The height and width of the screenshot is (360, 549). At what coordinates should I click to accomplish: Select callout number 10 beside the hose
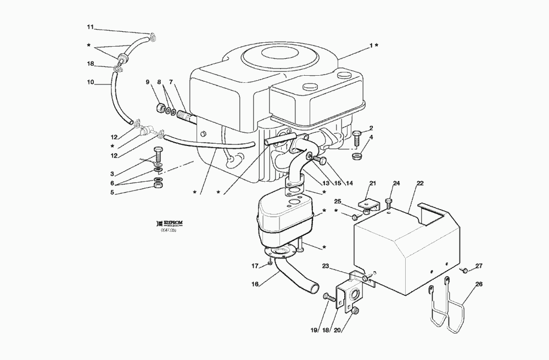point(91,83)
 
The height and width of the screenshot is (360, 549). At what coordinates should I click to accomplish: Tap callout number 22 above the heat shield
point(420,183)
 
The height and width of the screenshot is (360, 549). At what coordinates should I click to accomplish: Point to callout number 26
point(479,284)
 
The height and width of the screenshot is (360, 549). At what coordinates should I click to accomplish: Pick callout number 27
point(479,266)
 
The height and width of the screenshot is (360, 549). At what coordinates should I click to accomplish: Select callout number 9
point(147,82)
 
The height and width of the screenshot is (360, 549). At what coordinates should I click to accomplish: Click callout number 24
point(396,183)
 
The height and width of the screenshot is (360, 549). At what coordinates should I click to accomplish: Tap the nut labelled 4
point(356,157)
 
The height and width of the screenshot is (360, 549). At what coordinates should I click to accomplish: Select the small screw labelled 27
point(465,270)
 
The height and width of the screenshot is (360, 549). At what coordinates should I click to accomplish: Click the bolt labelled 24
point(389,201)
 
